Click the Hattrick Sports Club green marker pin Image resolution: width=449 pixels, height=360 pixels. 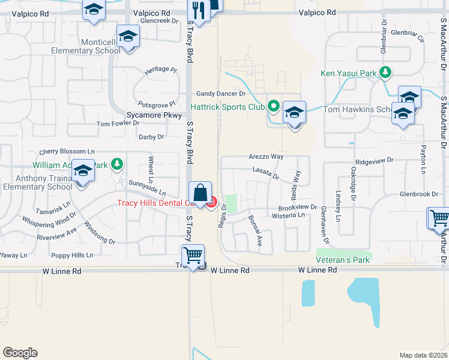(x=274, y=107)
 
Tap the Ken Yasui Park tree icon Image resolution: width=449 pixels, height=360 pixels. (x=385, y=73)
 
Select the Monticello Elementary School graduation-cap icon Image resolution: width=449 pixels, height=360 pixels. (x=127, y=37)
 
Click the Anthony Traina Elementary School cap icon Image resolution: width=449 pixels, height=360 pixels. (x=83, y=172)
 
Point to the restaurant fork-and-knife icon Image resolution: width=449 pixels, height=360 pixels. (x=197, y=10)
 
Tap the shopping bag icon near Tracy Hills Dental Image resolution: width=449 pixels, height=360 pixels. (x=200, y=193)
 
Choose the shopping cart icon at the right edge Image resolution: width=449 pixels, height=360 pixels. (x=439, y=218)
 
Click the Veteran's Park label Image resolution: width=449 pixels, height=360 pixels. (x=343, y=260)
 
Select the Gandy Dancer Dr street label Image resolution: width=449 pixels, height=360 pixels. (x=221, y=94)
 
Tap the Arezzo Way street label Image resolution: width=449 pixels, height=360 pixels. (x=266, y=156)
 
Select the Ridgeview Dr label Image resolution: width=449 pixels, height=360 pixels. (x=374, y=161)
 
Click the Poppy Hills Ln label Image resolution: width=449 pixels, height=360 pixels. (x=73, y=255)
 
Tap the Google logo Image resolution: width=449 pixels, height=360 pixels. (x=20, y=353)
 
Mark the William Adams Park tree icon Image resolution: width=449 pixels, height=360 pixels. (x=116, y=164)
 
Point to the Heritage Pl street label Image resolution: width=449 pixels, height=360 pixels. (x=161, y=70)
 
